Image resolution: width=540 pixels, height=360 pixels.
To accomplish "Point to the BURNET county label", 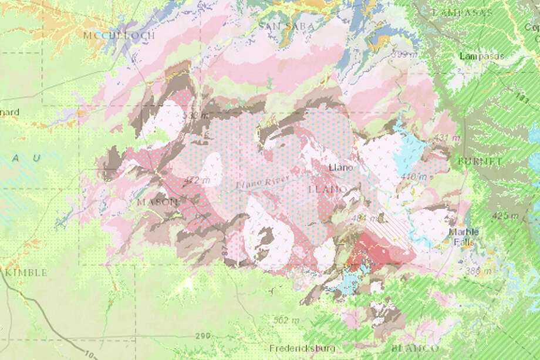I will pyautogui.click(x=481, y=160).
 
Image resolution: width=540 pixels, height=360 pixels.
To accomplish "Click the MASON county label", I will pyautogui.click(x=157, y=201).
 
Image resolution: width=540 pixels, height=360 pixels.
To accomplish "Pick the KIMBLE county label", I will pyautogui.click(x=26, y=273).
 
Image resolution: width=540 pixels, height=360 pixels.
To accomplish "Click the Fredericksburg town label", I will pyautogui.click(x=302, y=346).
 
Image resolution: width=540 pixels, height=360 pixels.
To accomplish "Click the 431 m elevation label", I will pyautogui.click(x=444, y=137).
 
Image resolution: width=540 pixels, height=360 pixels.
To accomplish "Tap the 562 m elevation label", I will pyautogui.click(x=286, y=320).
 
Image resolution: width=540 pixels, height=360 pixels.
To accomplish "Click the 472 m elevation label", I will pyautogui.click(x=197, y=181).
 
